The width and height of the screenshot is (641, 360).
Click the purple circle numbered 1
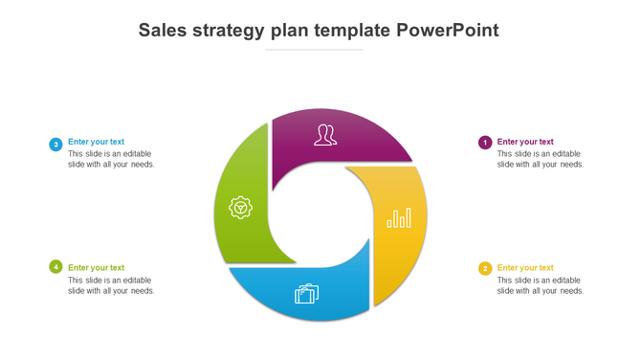point(485,143)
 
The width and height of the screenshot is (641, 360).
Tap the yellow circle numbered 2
point(485,268)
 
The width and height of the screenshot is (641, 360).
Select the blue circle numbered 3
point(55,145)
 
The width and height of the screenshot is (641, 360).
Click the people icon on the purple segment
point(325,135)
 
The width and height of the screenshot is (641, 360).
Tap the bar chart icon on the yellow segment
point(399,218)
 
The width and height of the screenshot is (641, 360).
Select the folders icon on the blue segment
point(306,293)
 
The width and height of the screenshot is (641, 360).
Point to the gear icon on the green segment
point(240,207)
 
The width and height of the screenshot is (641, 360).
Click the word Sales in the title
point(165,30)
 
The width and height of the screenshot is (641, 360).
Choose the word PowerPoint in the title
point(448,30)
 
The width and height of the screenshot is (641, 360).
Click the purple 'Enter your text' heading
point(525,142)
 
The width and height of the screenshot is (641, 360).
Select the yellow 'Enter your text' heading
point(525,268)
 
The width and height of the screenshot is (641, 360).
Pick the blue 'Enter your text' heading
point(96,142)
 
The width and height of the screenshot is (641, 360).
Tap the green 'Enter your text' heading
point(96,268)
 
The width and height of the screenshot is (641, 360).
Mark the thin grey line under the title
point(314,50)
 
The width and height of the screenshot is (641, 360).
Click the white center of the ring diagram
point(320,212)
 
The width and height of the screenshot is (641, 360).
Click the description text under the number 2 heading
point(540,285)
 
